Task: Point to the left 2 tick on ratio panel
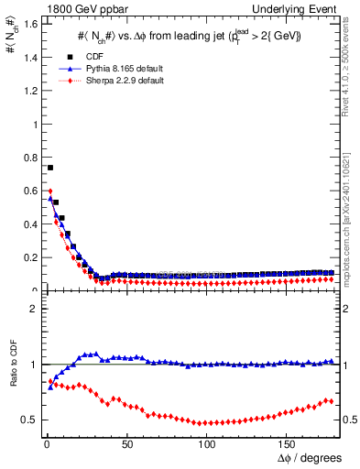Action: pyautogui.click(x=32, y=309)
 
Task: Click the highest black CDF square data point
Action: pyautogui.click(x=49, y=168)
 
